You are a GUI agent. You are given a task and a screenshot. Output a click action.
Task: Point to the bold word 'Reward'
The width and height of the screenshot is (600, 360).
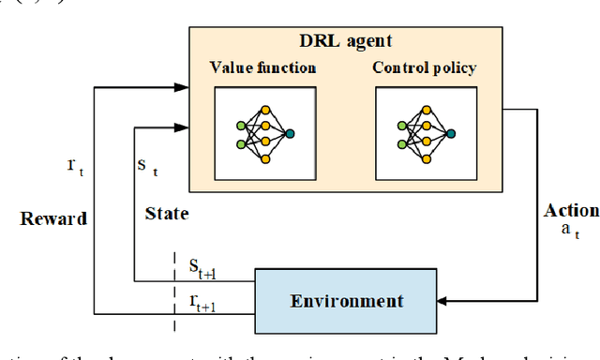tap(53, 218)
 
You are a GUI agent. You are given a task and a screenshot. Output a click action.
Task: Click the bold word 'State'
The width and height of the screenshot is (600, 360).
tap(167, 214)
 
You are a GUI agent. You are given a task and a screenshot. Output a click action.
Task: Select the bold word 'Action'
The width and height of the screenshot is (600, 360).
tap(570, 211)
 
